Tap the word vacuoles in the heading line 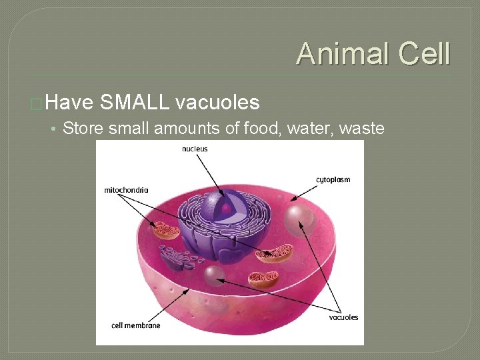tap(217, 102)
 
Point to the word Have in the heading tap(71, 102)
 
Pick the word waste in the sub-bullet tap(362, 128)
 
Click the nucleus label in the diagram tap(195, 149)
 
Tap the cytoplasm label tap(333, 179)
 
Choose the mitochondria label tap(126, 190)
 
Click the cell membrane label tap(136, 325)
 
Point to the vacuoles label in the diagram tap(343, 317)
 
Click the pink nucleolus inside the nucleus tap(227, 209)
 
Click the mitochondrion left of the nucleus tap(166, 231)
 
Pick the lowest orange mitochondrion tap(263, 279)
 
